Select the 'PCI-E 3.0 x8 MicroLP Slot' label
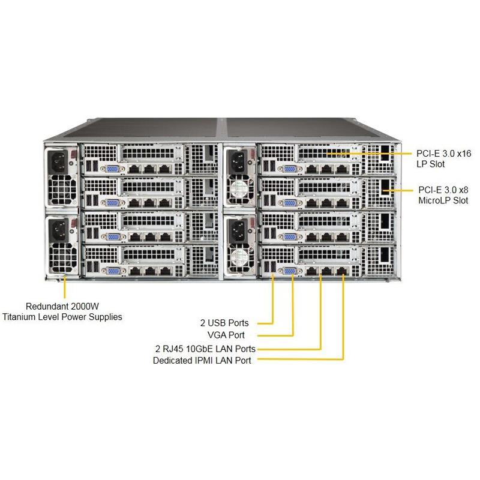pyautogui.click(x=443, y=195)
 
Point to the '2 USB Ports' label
pyautogui.click(x=224, y=323)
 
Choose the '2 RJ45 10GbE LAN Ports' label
pyautogui.click(x=205, y=348)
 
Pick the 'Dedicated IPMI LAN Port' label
pyautogui.click(x=202, y=361)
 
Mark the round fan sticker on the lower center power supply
pyautogui.click(x=240, y=257)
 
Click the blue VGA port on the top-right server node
pyautogui.click(x=289, y=170)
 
